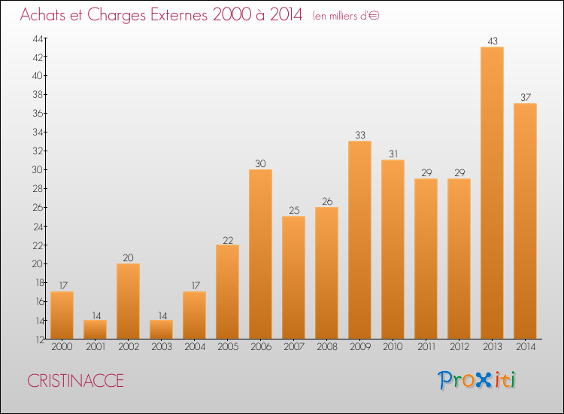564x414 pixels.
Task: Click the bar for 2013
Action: tap(492, 193)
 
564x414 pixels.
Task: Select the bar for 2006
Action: tap(260, 254)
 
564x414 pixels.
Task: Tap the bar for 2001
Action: tap(95, 329)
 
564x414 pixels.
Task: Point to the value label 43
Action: tap(492, 41)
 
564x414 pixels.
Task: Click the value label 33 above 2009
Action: tap(359, 135)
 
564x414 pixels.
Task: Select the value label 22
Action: tap(227, 239)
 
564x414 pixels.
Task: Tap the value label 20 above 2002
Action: tap(128, 257)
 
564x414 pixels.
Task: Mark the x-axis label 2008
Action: tap(326, 347)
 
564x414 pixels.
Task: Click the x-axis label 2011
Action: tap(426, 347)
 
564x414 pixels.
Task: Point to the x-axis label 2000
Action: tap(62, 347)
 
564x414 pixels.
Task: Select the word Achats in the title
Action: tap(44, 15)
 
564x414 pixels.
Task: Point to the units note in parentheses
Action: tap(346, 16)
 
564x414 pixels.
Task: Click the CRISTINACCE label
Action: tap(75, 381)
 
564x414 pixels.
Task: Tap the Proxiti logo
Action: tap(478, 380)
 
